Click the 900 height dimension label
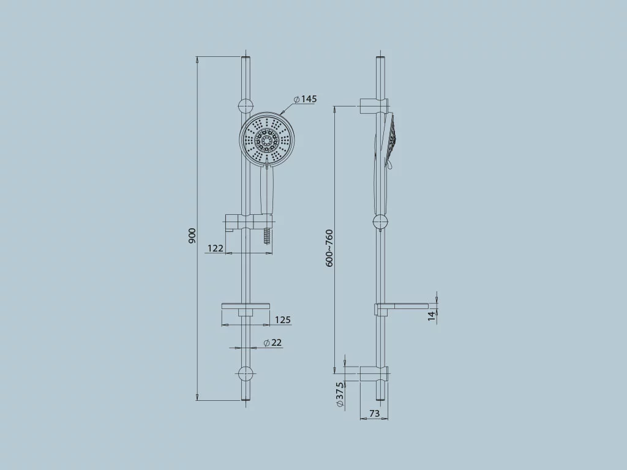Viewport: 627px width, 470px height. (192, 236)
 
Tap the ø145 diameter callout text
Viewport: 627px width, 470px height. (305, 99)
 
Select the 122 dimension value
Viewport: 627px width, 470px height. (215, 248)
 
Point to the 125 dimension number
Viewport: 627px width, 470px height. (283, 319)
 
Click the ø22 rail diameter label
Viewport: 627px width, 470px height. (272, 343)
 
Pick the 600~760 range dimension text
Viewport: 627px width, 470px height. (329, 248)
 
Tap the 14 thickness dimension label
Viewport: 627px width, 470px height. (431, 316)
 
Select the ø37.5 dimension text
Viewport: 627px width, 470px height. (339, 395)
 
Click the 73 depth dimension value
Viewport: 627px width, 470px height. (374, 413)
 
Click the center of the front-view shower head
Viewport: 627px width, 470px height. (267, 140)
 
